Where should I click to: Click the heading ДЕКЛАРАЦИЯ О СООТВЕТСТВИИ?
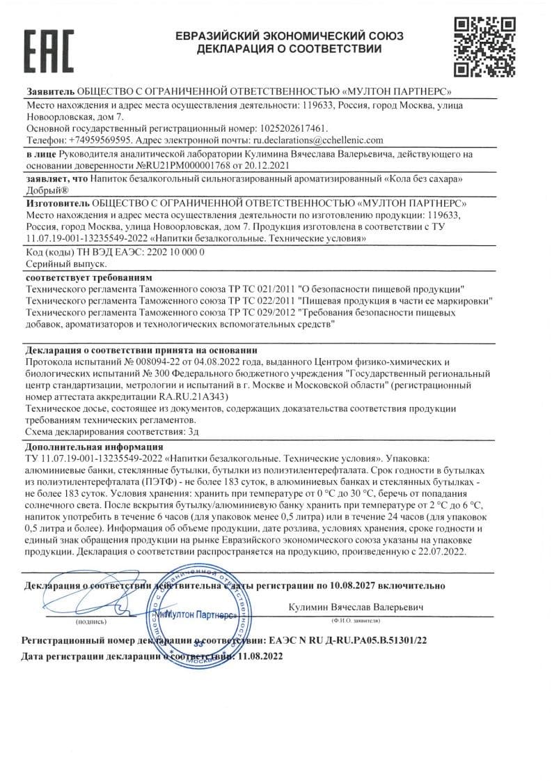(289, 49)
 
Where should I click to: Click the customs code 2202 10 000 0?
(170, 252)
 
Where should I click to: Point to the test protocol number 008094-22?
(131, 362)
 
